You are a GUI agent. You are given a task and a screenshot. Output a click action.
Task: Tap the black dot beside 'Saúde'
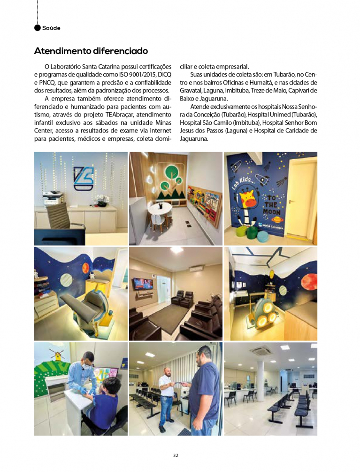[x=38, y=28]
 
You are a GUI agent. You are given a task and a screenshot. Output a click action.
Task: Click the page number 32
[x=176, y=455]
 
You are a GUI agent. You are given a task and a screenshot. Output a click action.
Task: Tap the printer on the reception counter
[x=53, y=195]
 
